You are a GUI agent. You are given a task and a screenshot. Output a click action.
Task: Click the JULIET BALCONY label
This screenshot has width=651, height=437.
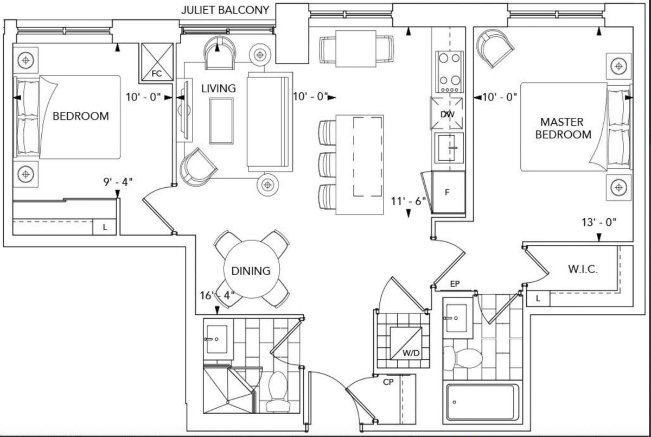(225, 10)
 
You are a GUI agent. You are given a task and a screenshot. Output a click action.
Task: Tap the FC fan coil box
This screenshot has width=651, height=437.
(157, 62)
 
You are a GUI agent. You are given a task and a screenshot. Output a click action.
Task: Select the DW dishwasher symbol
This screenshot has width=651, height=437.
(447, 113)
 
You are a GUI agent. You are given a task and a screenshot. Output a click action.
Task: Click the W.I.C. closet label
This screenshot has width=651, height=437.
(583, 269)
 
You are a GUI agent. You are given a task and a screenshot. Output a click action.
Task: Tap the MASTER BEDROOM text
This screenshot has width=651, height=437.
(563, 128)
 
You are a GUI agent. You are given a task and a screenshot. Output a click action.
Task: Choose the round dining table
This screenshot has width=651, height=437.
(251, 269)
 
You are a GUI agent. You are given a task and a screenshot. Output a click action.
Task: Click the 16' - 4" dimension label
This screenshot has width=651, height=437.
(217, 295)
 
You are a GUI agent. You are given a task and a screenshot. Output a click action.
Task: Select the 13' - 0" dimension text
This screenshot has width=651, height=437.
(599, 223)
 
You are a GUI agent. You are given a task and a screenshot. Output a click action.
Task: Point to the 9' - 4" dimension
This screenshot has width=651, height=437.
(118, 182)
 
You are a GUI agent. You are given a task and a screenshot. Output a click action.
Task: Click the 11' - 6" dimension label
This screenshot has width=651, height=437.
(409, 201)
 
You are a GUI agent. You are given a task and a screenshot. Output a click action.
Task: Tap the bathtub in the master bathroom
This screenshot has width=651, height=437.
(483, 402)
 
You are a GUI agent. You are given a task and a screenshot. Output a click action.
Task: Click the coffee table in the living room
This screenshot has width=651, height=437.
(221, 121)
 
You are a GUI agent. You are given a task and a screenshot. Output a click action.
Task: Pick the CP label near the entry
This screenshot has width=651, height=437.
(388, 382)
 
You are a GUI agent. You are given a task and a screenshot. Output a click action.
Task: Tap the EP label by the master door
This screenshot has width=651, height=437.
(455, 284)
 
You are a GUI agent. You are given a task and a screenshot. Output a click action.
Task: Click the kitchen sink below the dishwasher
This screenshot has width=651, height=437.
(449, 148)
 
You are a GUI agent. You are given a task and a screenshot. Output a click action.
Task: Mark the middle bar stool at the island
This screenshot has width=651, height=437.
(328, 164)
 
